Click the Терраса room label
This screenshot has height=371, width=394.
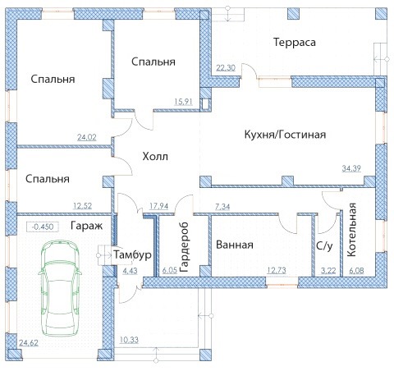pos(295,43)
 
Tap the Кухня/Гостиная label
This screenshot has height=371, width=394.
pos(285,135)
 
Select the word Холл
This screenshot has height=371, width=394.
pos(155,157)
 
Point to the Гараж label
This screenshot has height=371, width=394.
pos(86,226)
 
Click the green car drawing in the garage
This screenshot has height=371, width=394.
pos(60,288)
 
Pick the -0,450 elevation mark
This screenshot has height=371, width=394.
pos(42,227)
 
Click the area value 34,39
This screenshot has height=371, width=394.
pos(351,168)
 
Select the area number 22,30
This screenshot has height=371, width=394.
pos(226,67)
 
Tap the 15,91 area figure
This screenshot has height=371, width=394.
pos(183,102)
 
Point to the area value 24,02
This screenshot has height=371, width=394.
pos(87,137)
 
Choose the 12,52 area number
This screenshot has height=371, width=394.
pos(83,206)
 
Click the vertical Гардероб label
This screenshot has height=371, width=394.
pos(184,247)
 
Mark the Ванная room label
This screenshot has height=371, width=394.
pos(235,245)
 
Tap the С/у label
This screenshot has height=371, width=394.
pos(324,245)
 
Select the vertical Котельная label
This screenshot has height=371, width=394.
pos(351,230)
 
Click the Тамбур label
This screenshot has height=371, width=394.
pos(132,254)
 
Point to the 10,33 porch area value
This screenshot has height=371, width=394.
pos(129,340)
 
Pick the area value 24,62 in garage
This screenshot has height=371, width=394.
pos(29,343)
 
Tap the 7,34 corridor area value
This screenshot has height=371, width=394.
pos(222,207)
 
